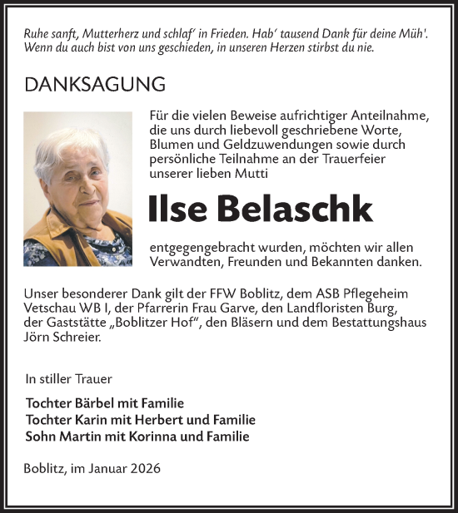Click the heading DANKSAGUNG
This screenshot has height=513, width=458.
click(x=95, y=85)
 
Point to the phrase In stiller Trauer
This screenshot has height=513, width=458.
click(x=67, y=378)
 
